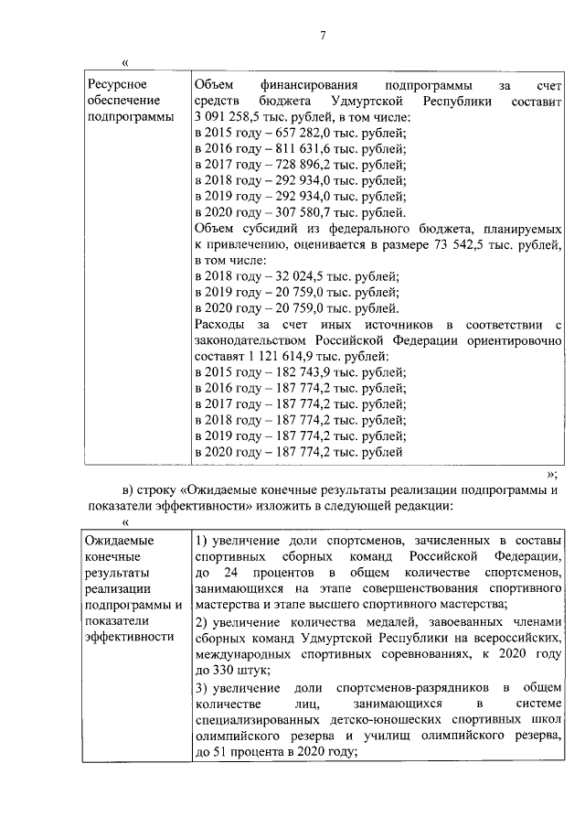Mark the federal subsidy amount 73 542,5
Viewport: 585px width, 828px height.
click(x=447, y=244)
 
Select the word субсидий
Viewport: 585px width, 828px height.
click(x=264, y=229)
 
